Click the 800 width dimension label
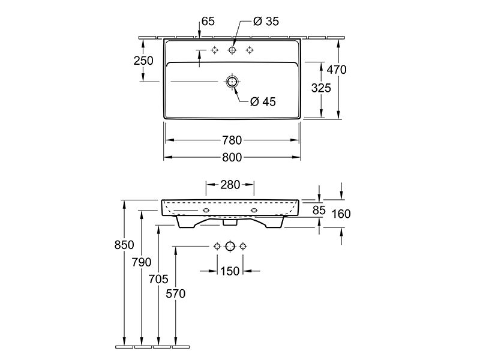pos(232,157)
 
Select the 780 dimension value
pos(232,140)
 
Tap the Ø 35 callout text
pos(266,21)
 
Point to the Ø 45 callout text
pos(263,101)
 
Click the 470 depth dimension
pos(337,70)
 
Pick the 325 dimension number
pos(321,88)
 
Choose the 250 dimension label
pos(143,61)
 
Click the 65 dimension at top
pos(208,21)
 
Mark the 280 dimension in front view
pos(230,185)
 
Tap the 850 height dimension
pos(124,245)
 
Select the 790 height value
pos(142,262)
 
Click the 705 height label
pos(158,279)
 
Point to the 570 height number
pos(176,293)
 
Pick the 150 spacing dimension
pos(230,271)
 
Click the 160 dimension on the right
pos(341,214)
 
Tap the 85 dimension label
pos(319,210)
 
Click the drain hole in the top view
pos(232,82)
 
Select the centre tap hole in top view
pos(232,50)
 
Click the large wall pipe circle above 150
pos(230,246)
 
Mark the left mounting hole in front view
pos(206,211)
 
